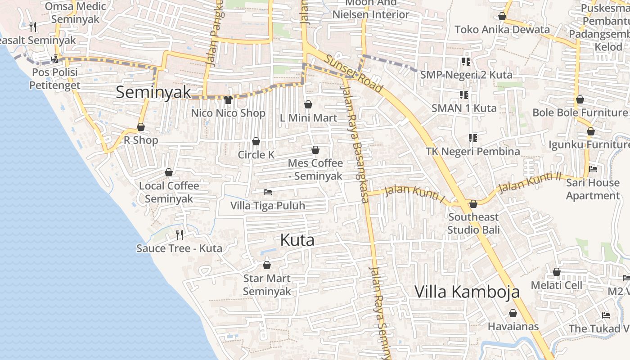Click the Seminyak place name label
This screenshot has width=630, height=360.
153,92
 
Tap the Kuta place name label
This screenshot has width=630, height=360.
297,240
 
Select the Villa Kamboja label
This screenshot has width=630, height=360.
467,292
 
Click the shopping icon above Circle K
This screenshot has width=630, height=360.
256,141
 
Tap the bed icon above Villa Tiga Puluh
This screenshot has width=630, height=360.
268,192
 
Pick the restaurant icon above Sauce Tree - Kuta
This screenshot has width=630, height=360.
180,234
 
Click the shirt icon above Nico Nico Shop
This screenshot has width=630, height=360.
228,99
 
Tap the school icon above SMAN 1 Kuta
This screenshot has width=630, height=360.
464,94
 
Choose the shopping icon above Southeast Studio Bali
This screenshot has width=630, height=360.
473,204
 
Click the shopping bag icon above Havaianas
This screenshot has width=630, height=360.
513,313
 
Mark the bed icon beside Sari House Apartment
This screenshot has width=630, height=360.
593,169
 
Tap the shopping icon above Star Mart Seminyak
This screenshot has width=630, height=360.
267,265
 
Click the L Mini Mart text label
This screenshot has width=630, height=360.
308,118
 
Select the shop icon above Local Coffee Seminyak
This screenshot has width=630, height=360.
169,172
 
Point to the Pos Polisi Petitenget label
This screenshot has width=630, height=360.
54,79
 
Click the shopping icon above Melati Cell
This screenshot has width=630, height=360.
557,272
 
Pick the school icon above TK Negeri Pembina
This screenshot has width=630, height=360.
472,138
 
